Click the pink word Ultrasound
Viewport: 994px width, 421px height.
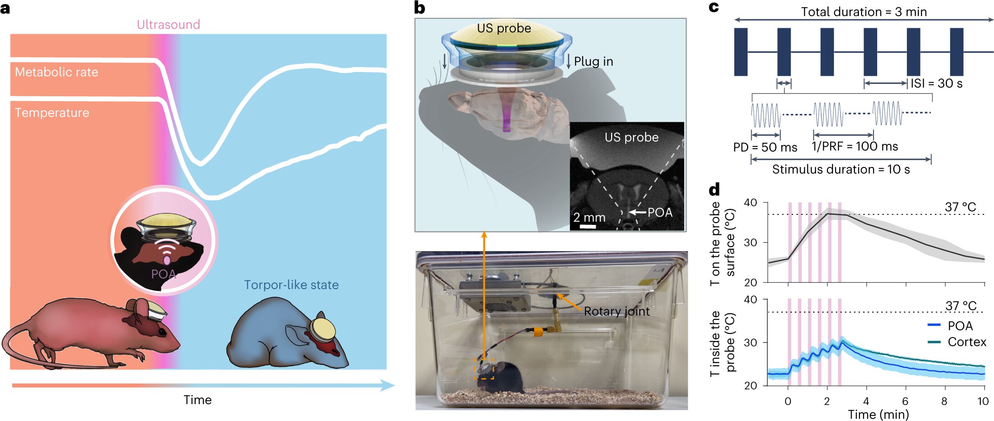(168, 25)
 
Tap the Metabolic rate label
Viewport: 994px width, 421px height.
(57, 72)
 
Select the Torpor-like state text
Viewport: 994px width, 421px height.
(291, 285)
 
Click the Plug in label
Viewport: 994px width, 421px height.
(593, 62)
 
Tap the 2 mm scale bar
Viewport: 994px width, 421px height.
(588, 226)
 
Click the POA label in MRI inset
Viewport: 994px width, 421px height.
(660, 213)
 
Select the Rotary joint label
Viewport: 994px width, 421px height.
(617, 312)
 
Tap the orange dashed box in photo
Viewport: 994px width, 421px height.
(484, 369)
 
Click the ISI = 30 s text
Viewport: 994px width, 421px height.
(936, 83)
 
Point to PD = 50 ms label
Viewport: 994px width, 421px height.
(765, 147)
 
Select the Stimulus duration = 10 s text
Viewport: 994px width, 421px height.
(841, 170)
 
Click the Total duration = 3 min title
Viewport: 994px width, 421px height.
(863, 12)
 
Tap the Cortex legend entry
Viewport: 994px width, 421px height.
(966, 342)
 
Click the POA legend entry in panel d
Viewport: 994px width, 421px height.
(960, 326)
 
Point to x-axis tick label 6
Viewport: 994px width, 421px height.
(905, 401)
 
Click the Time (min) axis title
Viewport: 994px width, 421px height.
(878, 414)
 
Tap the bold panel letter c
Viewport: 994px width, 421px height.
(714, 7)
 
